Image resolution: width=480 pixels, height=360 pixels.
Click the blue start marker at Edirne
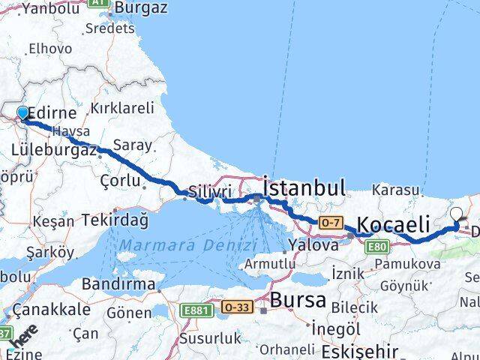point(22,113)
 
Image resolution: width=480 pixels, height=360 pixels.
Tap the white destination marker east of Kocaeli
point(457,215)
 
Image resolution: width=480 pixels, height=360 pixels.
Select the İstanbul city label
point(304,187)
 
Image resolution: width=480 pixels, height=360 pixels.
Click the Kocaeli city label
point(394,223)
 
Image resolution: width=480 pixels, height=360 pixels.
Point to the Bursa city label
point(299,300)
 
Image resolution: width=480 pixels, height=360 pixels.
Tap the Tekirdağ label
point(116,220)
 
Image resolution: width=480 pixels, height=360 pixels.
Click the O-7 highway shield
point(330,222)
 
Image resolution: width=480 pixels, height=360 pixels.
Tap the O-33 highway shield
point(237,307)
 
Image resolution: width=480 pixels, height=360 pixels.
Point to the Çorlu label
point(120,180)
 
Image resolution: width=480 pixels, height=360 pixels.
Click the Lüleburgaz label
point(54,150)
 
